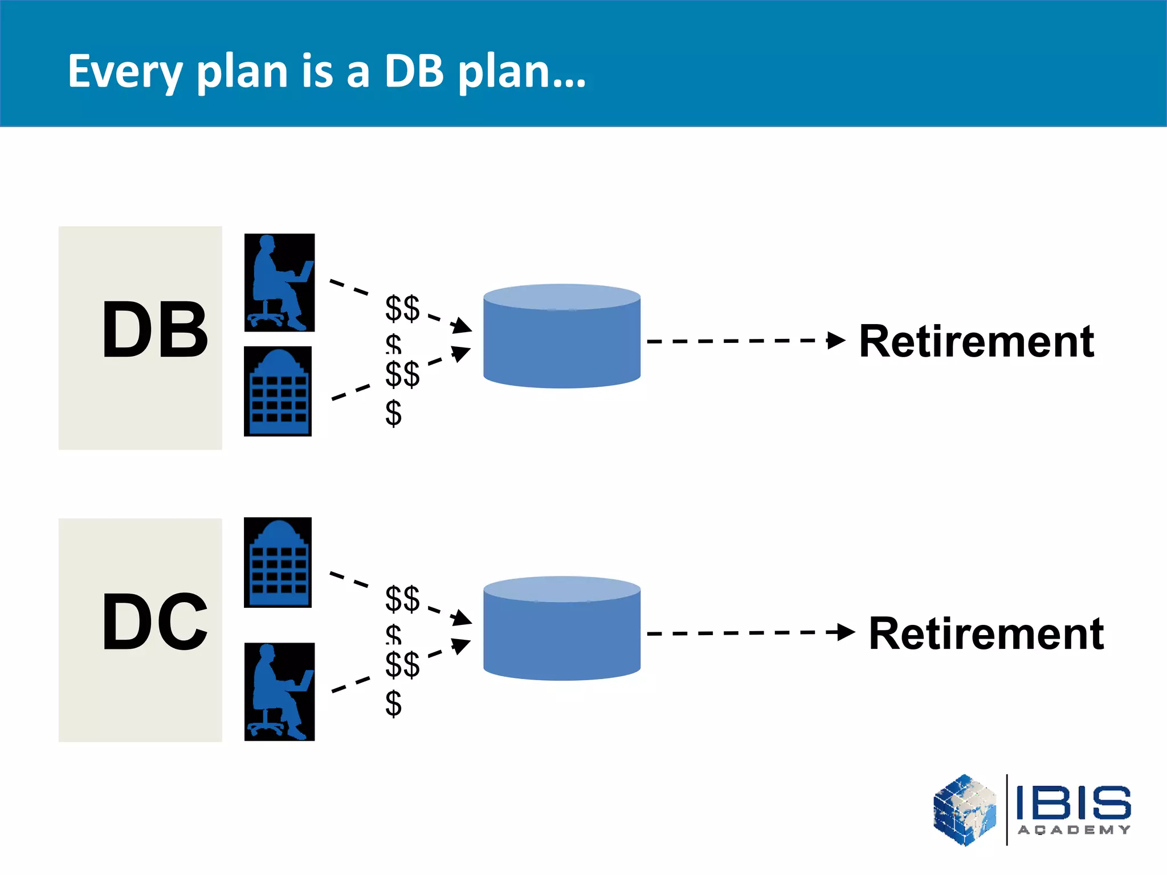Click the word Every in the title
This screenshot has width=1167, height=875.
tap(125, 72)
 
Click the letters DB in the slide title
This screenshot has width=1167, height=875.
tap(414, 72)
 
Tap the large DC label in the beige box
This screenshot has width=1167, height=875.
tap(155, 622)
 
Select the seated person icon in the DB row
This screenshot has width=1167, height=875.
tap(279, 283)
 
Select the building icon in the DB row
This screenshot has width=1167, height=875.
tap(278, 391)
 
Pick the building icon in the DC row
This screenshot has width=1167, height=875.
tap(278, 562)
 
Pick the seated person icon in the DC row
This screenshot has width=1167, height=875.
tap(279, 692)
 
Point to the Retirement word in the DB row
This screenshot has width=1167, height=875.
tap(976, 341)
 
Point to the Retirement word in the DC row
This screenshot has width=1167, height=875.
tap(986, 633)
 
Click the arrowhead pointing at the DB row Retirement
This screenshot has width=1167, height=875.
tap(837, 341)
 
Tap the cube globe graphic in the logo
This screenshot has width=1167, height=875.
tap(965, 809)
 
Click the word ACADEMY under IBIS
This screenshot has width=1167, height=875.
tap(1074, 830)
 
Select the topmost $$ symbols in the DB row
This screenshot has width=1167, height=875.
tap(402, 308)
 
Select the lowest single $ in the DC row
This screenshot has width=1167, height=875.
tap(393, 704)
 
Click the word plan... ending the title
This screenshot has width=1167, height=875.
tap(522, 72)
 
